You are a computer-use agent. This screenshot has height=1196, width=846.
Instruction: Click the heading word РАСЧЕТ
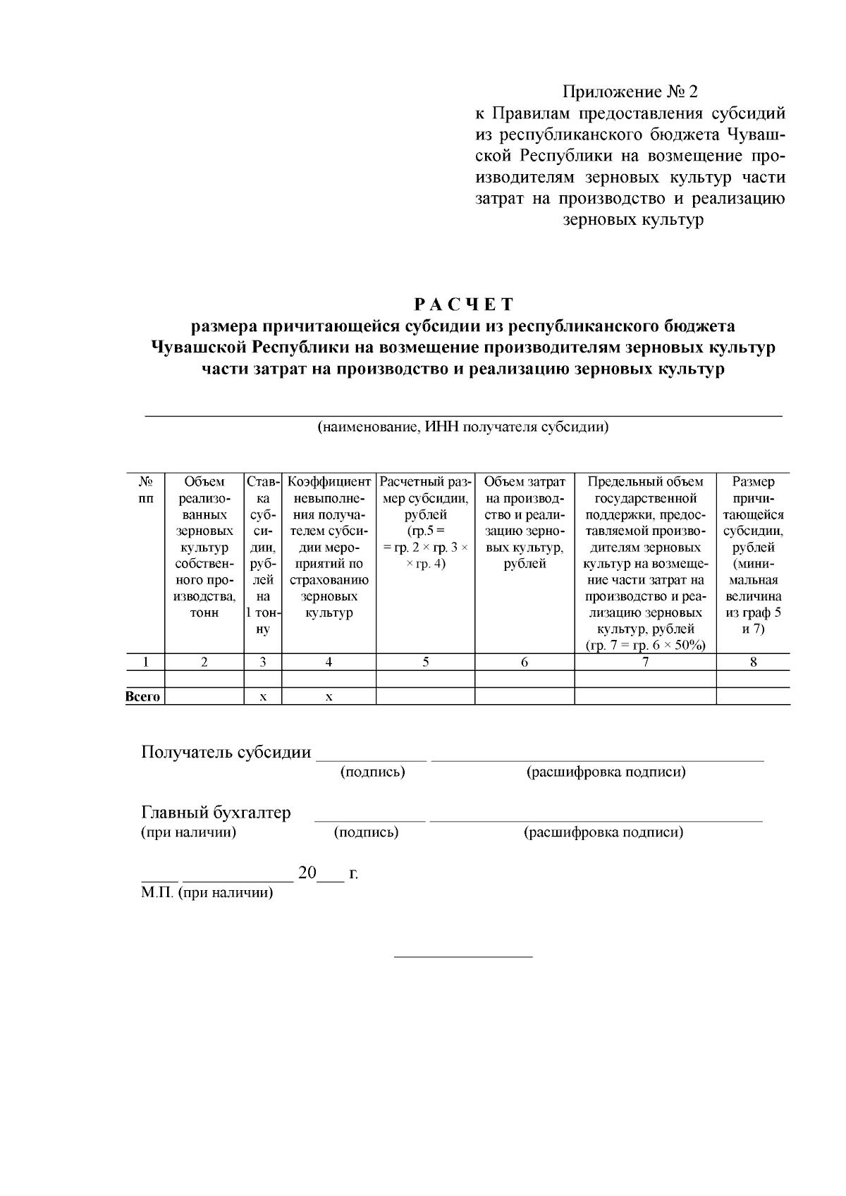(463, 304)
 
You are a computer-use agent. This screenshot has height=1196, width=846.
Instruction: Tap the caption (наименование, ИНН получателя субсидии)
(463, 427)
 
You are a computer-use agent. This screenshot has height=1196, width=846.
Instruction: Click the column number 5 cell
(425, 662)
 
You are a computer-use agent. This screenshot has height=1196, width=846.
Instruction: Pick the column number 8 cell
(753, 662)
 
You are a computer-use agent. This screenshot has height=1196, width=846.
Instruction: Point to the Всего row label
(143, 696)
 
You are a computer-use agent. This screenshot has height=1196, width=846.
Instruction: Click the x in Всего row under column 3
(262, 696)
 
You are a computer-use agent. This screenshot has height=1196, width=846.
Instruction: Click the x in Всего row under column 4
(329, 696)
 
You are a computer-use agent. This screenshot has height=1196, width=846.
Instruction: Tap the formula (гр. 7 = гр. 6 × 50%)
(645, 645)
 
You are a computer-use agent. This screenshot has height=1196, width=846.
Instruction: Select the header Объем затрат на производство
(525, 522)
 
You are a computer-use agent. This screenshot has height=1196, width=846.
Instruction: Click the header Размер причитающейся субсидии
(753, 555)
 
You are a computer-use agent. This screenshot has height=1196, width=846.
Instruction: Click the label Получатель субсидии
(226, 752)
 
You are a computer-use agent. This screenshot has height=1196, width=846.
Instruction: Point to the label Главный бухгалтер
(216, 813)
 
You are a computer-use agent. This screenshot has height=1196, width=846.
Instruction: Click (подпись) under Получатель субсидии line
(372, 772)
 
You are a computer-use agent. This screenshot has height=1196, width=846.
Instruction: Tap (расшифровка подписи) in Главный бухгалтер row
(603, 832)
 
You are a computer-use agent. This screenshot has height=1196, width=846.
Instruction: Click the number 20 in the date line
(307, 873)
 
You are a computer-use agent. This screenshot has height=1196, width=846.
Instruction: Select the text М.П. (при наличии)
(207, 893)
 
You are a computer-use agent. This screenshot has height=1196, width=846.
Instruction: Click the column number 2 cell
(204, 662)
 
